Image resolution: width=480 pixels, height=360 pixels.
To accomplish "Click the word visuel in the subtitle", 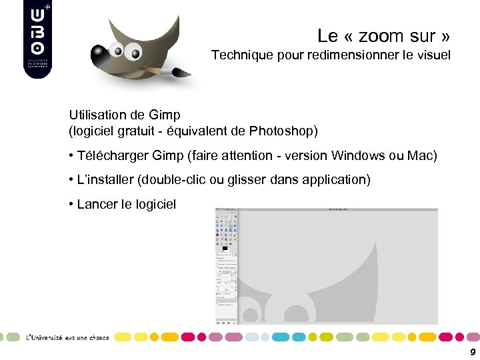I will tap(433, 55).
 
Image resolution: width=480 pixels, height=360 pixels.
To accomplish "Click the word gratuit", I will tap(141, 130).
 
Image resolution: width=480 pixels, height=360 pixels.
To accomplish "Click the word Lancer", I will tap(97, 204).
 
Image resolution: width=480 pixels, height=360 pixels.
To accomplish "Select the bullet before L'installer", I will tap(71, 180).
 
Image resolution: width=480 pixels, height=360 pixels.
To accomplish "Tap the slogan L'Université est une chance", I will tap(67, 337).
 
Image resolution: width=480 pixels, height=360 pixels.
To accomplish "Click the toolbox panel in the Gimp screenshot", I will tap(226, 267).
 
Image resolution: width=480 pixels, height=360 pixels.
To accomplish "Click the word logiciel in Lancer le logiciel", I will tap(156, 204).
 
